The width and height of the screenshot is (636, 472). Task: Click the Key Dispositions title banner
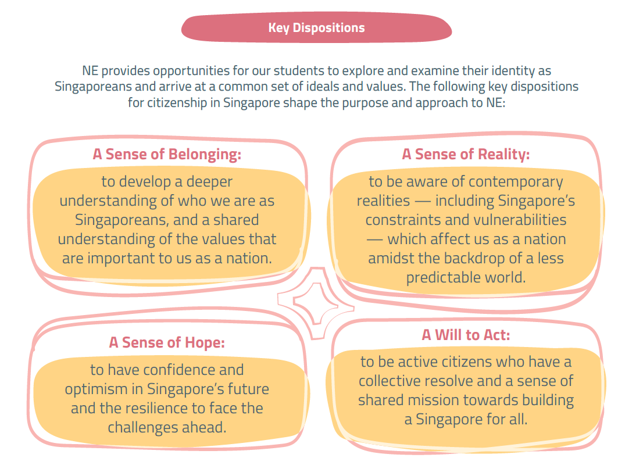click(316, 28)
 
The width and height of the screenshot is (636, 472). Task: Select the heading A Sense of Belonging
click(167, 155)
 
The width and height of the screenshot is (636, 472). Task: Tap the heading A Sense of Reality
click(466, 155)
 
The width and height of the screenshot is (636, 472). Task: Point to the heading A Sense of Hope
click(167, 342)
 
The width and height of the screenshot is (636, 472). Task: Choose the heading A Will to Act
click(466, 335)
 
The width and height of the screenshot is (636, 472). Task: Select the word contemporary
click(516, 182)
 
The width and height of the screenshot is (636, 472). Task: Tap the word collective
click(388, 381)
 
